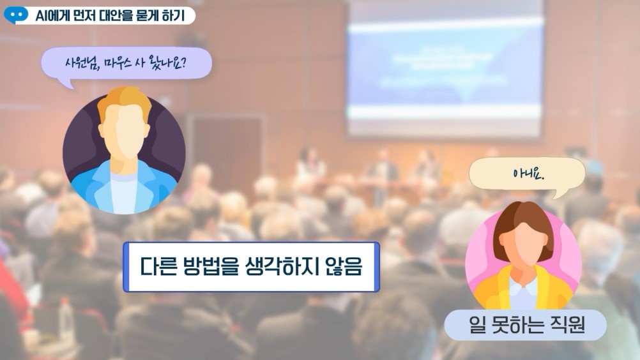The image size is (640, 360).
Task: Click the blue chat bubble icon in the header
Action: click(x=16, y=15)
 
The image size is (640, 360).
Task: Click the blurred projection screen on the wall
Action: click(x=445, y=70)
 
